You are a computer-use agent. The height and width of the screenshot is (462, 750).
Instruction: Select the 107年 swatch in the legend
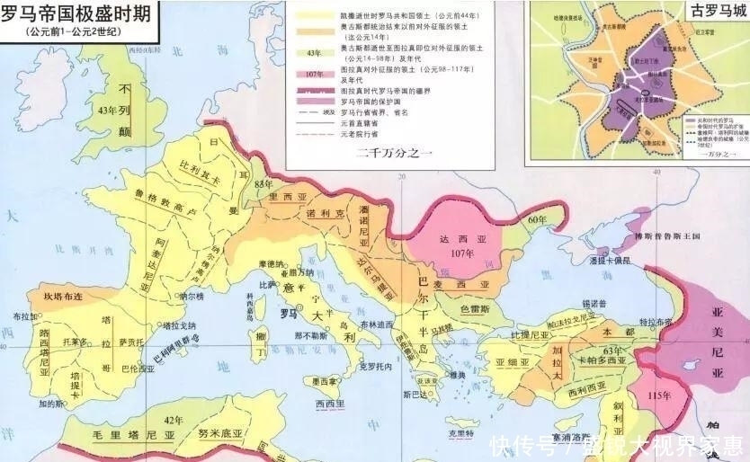coord(314,75)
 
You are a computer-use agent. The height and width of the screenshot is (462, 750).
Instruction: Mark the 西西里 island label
coord(330,404)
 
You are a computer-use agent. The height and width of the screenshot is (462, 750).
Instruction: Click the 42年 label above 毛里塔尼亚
coord(173,420)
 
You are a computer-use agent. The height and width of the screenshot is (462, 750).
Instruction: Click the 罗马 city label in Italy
coord(288,315)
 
